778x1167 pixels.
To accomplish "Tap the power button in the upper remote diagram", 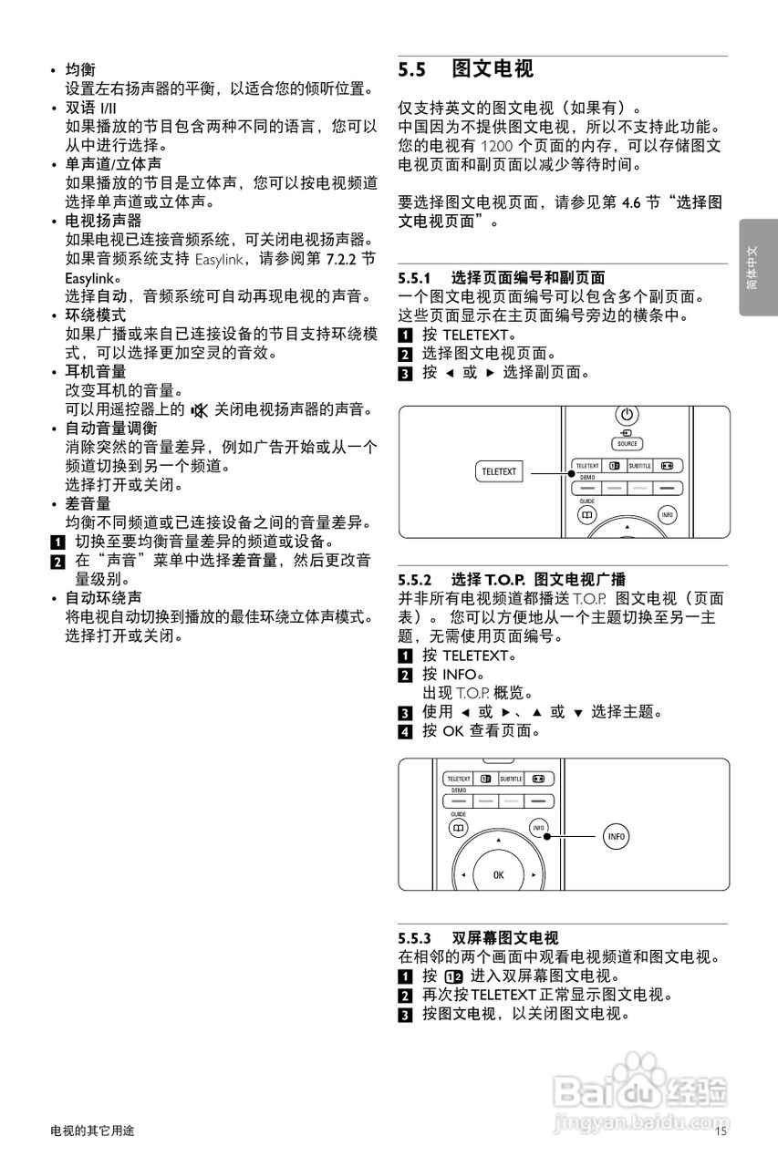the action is (x=628, y=415).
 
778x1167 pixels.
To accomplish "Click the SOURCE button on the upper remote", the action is (x=628, y=444).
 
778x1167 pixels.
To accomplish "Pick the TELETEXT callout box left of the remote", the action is (x=499, y=472).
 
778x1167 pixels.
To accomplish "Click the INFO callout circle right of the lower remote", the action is (x=617, y=836).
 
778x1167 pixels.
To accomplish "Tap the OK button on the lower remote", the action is (x=498, y=874).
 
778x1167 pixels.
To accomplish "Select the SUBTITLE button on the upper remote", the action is (x=639, y=466).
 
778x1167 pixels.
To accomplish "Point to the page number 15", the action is (x=721, y=1131).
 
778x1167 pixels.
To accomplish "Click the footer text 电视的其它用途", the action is (x=92, y=1131).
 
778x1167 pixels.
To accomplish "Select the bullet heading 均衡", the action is (x=80, y=69).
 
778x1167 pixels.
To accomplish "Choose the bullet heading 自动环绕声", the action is (x=103, y=598).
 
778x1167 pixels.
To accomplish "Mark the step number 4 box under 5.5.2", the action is (x=406, y=731).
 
